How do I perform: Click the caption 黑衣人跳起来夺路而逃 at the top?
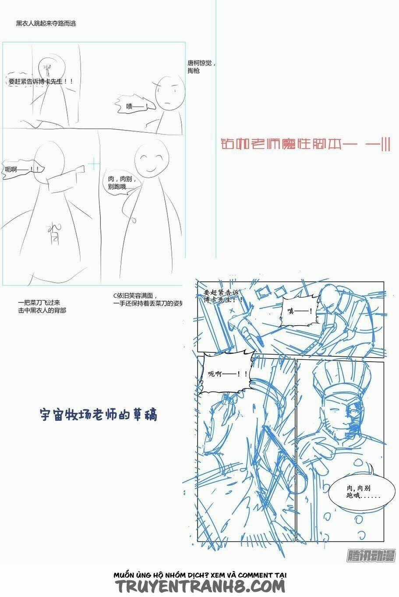tap(46, 23)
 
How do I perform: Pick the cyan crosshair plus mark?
tap(94, 164)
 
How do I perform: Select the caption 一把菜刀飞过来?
tap(42, 306)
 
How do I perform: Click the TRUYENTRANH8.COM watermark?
tap(200, 586)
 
